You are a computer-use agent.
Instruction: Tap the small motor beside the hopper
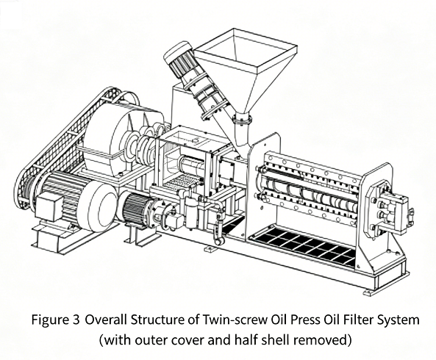[x=177, y=60]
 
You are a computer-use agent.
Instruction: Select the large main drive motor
[x=74, y=201]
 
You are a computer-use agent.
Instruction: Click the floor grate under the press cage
[x=303, y=246]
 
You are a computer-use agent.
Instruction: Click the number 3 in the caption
[x=75, y=320]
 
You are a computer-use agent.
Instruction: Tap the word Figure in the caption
[x=49, y=320]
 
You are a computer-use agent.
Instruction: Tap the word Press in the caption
[x=304, y=320]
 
